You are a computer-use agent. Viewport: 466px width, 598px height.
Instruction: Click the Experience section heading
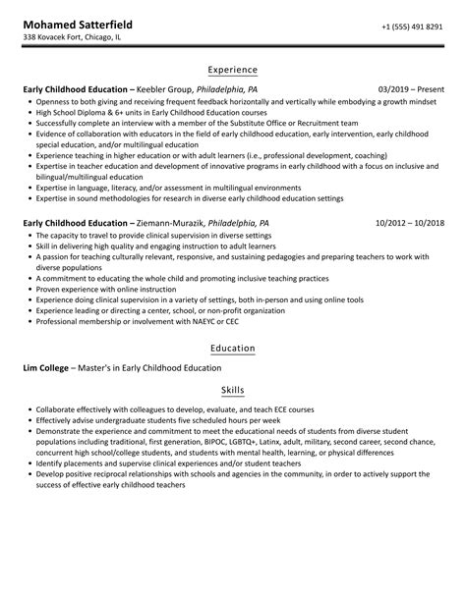point(233,70)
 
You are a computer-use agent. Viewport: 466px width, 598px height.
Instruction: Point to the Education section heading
point(233,348)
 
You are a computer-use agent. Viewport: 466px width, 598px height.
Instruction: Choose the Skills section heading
point(233,390)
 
